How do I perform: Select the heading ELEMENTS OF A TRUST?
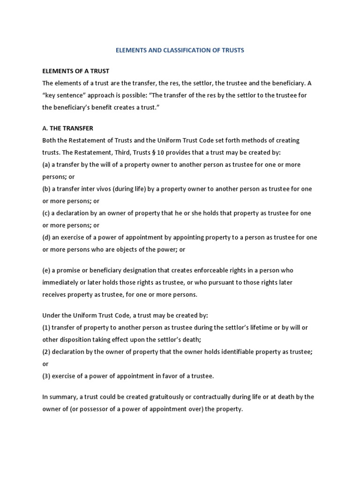tap(75, 71)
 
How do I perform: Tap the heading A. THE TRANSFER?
tap(68, 128)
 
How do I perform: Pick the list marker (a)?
tap(47, 165)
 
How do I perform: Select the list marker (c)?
tap(47, 213)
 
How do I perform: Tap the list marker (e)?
tap(47, 270)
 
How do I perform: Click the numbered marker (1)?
tap(47, 327)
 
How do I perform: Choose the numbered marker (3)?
tap(47, 375)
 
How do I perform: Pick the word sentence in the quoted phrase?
tap(73, 95)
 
